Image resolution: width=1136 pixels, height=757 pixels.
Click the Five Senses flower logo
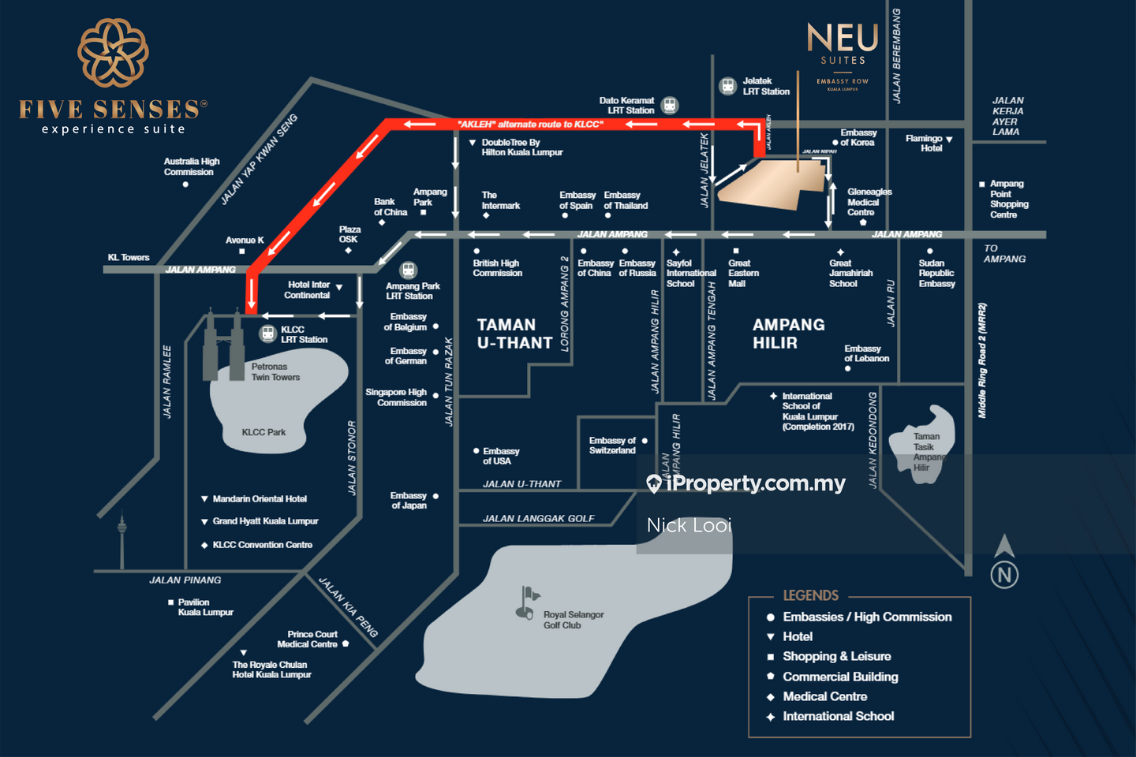pos(113,53)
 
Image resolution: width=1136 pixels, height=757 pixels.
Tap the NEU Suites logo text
pos(843,39)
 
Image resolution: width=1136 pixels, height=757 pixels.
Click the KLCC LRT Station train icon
pos(268,334)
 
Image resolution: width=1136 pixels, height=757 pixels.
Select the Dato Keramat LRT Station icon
pos(670,105)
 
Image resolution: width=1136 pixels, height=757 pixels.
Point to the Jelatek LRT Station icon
pos(728,86)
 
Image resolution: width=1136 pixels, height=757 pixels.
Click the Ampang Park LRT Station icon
pos(408,270)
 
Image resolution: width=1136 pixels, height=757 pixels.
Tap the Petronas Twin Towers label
pos(275,372)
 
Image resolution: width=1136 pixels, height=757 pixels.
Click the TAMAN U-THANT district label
pos(514,334)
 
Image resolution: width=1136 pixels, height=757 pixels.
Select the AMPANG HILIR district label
pos(788,334)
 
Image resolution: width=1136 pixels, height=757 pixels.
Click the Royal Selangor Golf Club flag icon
pos(527,602)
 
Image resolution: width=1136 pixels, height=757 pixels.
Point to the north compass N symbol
pos(1004,574)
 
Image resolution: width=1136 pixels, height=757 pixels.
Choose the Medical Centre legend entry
pos(824,696)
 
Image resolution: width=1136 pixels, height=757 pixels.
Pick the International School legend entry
pos(838,716)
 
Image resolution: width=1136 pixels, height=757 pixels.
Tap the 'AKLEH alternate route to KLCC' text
pos(530,124)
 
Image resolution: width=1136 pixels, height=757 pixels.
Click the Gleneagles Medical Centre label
pos(869,202)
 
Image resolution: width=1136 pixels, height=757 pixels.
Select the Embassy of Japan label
pos(409,500)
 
